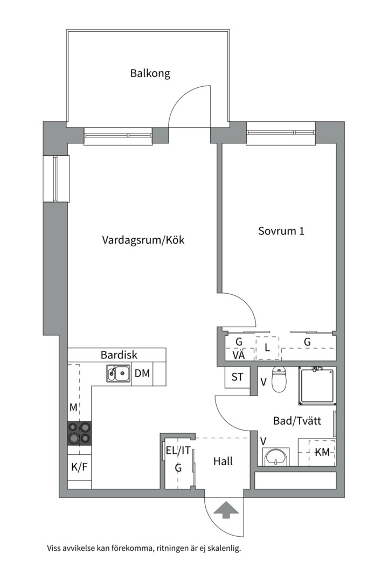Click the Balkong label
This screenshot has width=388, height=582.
(150, 73)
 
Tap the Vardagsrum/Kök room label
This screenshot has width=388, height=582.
(143, 240)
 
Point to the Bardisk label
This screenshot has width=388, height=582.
(119, 355)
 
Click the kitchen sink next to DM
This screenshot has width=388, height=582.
(118, 373)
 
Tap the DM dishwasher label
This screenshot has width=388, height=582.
(142, 373)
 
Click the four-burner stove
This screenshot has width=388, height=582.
(79, 433)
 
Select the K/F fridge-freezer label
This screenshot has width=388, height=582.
(79, 467)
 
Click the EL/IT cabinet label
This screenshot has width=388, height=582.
(178, 452)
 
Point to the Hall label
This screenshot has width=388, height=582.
(223, 461)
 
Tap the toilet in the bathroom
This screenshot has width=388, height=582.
(279, 380)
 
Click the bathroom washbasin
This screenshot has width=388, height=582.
(277, 457)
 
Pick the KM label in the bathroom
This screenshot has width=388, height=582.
(322, 453)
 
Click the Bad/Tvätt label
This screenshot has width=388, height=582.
(297, 421)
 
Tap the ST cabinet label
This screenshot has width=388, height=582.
(237, 377)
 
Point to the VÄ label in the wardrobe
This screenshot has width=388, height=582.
(239, 355)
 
